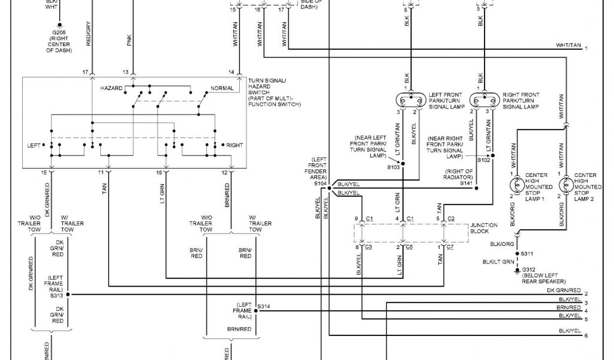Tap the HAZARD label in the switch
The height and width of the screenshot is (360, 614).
112,88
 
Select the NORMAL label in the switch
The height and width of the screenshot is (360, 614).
222,88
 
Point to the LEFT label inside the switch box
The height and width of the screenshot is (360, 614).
34,145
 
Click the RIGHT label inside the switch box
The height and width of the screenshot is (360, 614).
234,145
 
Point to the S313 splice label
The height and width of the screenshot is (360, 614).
57,295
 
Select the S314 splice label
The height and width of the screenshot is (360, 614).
264,307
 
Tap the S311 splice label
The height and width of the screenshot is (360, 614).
528,254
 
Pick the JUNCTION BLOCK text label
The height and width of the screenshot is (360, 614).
484,229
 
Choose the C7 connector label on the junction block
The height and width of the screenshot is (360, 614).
451,247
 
